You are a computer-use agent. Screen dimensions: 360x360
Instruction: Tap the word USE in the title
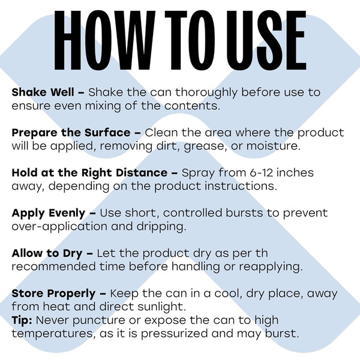[266, 40]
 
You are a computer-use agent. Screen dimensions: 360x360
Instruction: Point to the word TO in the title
[190, 40]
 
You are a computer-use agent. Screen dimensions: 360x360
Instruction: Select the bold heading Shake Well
[43, 92]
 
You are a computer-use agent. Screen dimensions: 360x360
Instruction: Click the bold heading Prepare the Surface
[71, 133]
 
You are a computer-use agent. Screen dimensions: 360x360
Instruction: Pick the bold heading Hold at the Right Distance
[89, 173]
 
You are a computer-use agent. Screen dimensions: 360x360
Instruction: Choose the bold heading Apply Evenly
[49, 214]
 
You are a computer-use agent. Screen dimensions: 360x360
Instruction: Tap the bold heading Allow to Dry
[47, 254]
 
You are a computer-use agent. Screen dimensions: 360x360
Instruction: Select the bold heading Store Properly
[53, 294]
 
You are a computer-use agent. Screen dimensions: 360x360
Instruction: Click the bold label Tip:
[22, 320]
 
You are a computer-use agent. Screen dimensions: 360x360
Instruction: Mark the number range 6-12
[261, 173]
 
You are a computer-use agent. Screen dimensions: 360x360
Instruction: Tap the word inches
[295, 173]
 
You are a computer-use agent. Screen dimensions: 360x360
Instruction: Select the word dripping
[161, 227]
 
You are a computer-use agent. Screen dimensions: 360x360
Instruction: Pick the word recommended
[54, 267]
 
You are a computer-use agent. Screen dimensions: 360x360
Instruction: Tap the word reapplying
[271, 267]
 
